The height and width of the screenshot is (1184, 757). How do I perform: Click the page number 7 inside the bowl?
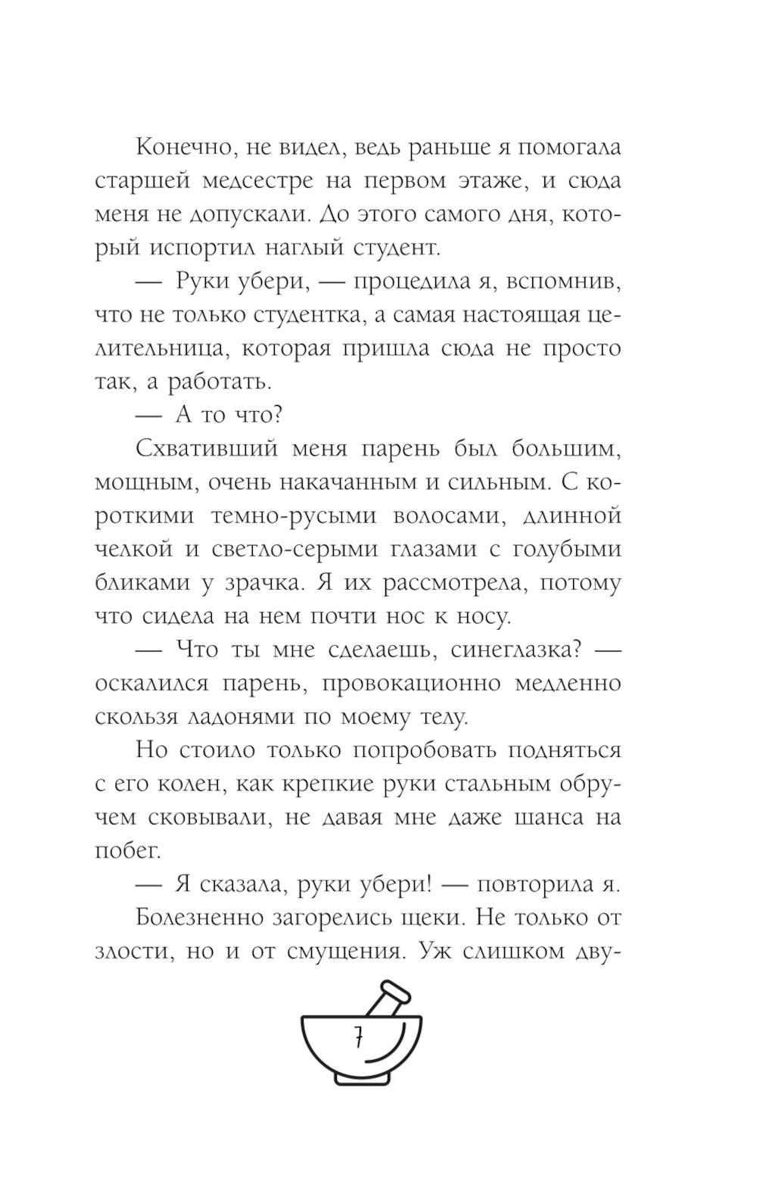tap(357, 1039)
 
